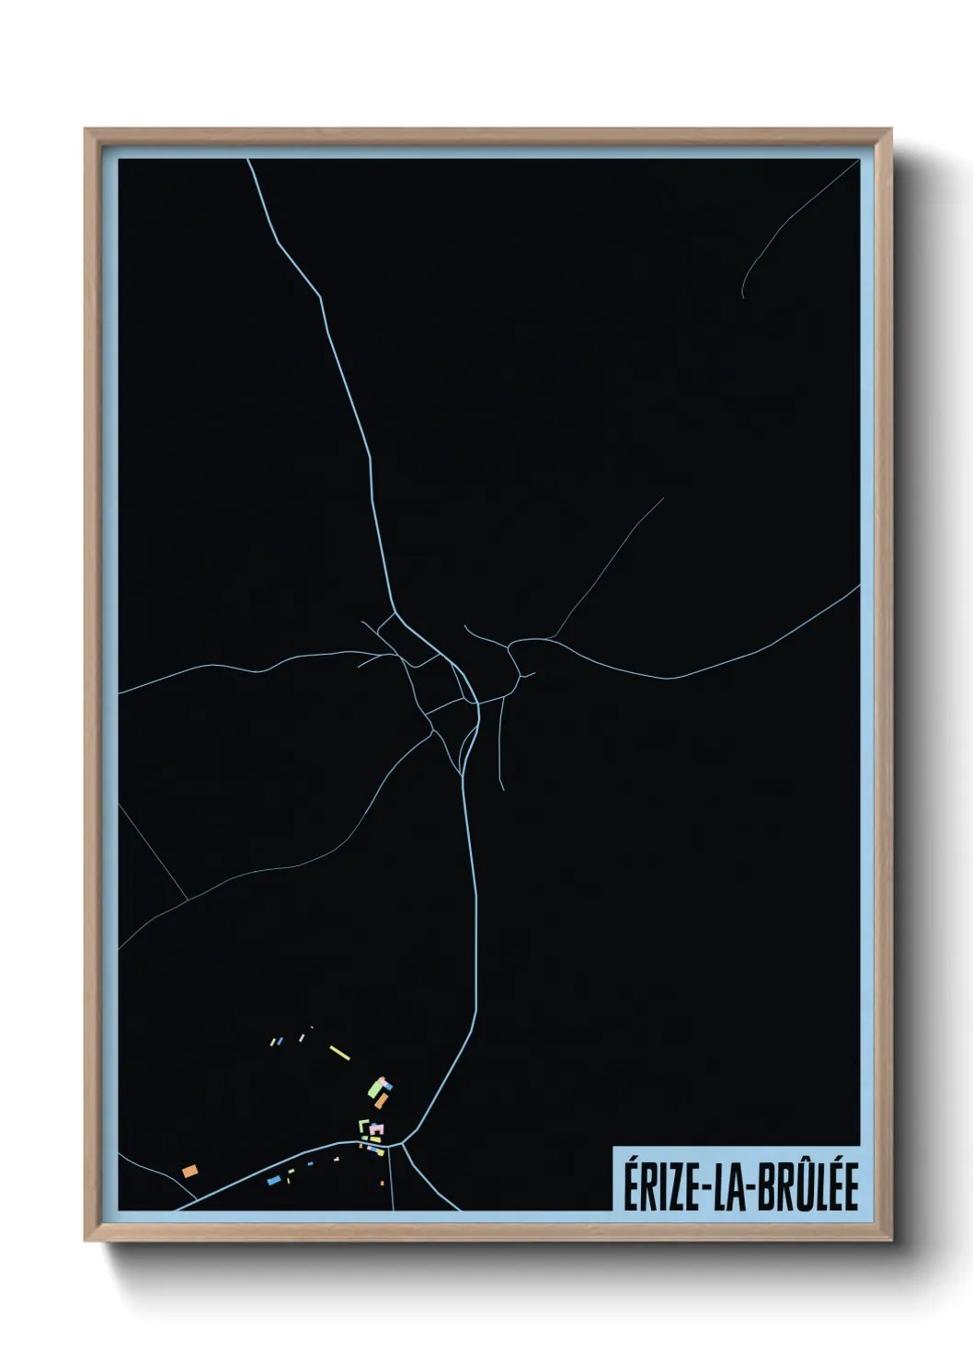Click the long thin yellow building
339,1053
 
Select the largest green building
375,1089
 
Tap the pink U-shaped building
377,1128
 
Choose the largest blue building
273,1180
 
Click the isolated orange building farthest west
190,1171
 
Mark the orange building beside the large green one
381,1100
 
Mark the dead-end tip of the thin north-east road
663,498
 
